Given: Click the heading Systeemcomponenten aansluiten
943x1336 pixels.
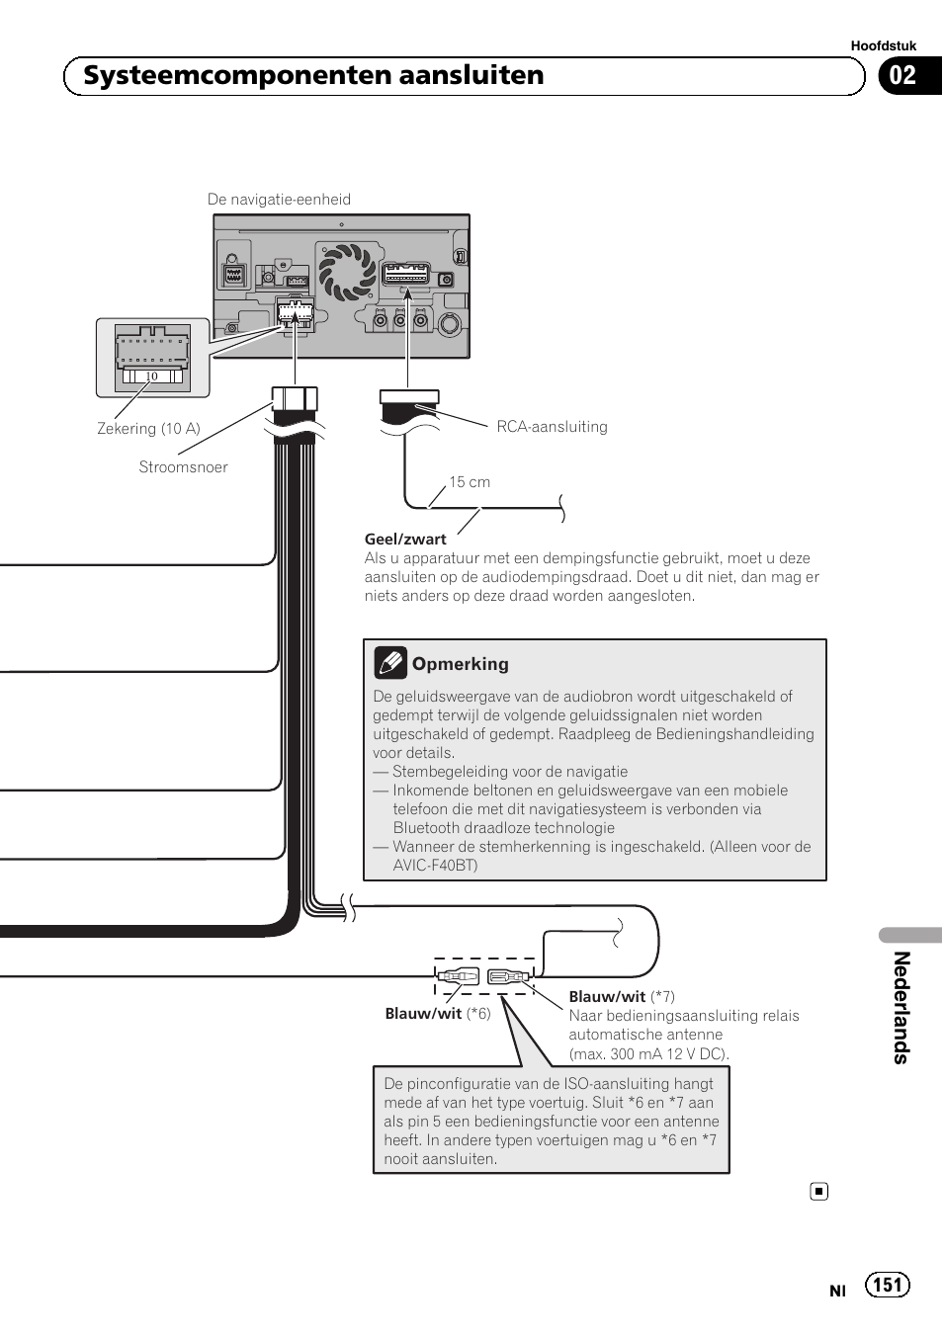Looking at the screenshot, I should tap(313, 76).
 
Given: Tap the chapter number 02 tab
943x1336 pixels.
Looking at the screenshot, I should tap(903, 76).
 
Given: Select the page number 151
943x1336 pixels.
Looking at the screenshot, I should tap(887, 1285).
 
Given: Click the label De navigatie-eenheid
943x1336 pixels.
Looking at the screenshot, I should tap(279, 200).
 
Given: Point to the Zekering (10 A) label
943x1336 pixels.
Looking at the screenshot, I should tap(148, 429).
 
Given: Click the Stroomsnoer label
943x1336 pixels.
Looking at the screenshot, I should tap(183, 467).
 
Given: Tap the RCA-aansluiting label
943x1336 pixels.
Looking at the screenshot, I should tap(552, 427).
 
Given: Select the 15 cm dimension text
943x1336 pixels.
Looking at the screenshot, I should tap(470, 482).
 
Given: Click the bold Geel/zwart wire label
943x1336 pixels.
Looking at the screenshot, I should tap(405, 540).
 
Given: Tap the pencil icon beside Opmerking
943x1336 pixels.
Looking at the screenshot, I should tap(390, 662).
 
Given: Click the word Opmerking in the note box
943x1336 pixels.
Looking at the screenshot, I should tap(461, 664).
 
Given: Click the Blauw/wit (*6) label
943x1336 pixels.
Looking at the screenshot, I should tap(437, 1014).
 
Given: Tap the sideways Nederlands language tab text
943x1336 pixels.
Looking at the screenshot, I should tap(901, 1007).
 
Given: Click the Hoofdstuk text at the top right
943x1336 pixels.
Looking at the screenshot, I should tap(883, 45).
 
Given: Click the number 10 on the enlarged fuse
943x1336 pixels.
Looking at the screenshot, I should tap(151, 376).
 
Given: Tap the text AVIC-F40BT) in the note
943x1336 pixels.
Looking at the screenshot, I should tap(435, 866).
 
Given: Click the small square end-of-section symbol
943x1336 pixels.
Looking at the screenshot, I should tap(818, 1192).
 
